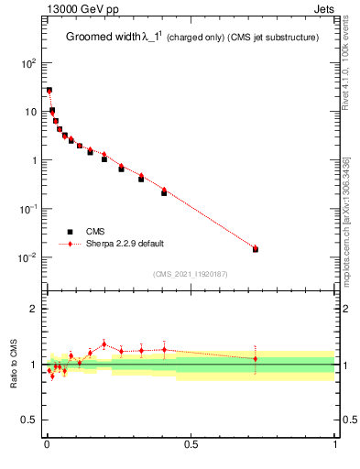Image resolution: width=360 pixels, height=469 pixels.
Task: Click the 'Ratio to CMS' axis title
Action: click(x=15, y=365)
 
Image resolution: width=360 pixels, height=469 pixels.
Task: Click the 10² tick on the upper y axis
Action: click(x=29, y=63)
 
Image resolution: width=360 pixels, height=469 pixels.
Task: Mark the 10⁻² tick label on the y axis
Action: click(x=27, y=257)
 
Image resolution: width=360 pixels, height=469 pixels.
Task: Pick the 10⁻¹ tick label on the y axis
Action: click(x=27, y=209)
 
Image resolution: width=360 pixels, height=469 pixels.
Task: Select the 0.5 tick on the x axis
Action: click(x=191, y=446)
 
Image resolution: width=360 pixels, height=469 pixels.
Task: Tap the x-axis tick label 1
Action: click(x=335, y=446)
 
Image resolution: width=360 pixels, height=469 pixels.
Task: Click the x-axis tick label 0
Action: click(x=47, y=446)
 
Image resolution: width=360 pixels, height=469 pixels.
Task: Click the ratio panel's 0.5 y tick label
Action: click(x=31, y=420)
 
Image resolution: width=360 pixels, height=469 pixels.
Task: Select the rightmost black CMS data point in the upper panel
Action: click(x=256, y=249)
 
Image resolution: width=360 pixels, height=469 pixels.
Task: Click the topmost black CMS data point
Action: click(x=49, y=91)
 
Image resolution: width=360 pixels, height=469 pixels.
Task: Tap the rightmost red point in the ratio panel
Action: click(x=256, y=359)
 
